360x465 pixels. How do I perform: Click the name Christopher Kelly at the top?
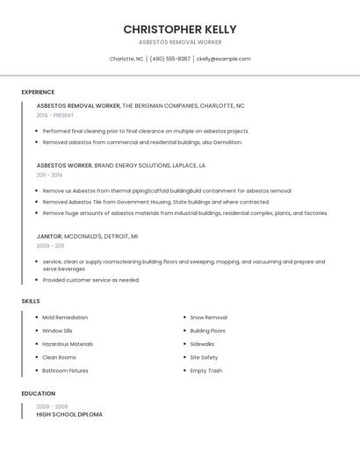[180, 29]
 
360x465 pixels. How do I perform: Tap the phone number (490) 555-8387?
[169, 59]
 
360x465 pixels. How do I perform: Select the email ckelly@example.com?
[223, 59]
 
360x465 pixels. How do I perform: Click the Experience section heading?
[38, 92]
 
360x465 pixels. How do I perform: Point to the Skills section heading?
[31, 301]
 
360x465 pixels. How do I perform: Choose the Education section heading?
[38, 394]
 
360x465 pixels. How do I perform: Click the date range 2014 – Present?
[55, 115]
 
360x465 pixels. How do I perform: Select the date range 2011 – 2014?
[49, 175]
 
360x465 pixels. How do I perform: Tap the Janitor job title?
[49, 236]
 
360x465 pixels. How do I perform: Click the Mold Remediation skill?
[65, 318]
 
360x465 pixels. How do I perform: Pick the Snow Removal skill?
[208, 318]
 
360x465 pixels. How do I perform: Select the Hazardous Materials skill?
[68, 344]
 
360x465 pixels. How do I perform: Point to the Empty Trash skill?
[205, 370]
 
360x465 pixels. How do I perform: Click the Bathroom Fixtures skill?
[65, 370]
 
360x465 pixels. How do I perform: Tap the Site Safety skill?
[204, 357]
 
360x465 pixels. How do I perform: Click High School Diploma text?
[69, 414]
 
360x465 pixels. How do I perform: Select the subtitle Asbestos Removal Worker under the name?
[180, 42]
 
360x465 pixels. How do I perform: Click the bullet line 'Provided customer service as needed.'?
[90, 280]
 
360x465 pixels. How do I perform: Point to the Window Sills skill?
[57, 331]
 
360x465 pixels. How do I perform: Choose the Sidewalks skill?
[202, 344]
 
